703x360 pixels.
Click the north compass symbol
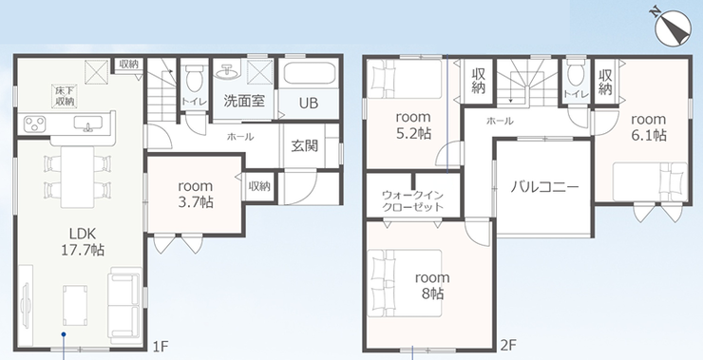[x=673, y=28]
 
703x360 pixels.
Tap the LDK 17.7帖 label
[x=83, y=241]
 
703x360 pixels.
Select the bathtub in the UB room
[x=309, y=73]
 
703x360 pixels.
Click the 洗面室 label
[x=244, y=101]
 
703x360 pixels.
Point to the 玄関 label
[x=305, y=145]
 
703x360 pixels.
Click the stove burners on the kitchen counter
[x=34, y=123]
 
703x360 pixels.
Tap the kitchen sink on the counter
[x=87, y=123]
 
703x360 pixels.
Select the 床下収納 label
[x=65, y=97]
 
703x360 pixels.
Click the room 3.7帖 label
[x=195, y=194]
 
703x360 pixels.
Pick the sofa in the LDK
[x=124, y=306]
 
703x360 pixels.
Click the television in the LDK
[x=26, y=298]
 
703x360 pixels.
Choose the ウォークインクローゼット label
[x=412, y=200]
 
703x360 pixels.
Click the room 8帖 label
[x=432, y=286]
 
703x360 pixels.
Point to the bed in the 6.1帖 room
[x=650, y=182]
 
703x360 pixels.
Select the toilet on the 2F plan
[x=576, y=73]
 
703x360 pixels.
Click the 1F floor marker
[x=160, y=346]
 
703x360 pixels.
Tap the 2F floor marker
[x=509, y=345]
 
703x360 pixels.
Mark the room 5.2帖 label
[x=413, y=125]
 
